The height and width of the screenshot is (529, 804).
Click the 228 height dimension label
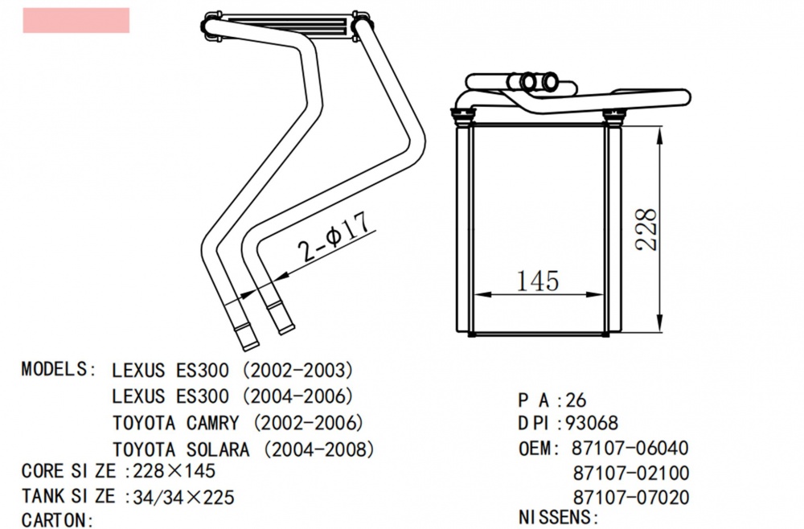tap(647, 230)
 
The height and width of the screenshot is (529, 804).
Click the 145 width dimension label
tap(537, 281)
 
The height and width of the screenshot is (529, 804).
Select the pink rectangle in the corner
tap(76, 20)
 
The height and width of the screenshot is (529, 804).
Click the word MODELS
tap(53, 369)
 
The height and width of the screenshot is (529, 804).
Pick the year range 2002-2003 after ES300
tap(297, 371)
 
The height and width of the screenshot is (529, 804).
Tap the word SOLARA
tap(214, 449)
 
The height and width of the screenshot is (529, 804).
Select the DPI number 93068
tap(592, 423)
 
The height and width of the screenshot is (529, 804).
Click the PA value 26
tap(576, 398)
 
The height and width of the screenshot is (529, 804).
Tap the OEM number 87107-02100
tap(631, 473)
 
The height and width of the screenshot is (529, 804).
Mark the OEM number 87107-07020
tap(631, 498)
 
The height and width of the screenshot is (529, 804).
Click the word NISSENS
tap(556, 516)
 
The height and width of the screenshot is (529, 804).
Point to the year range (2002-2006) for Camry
tap(308, 422)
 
